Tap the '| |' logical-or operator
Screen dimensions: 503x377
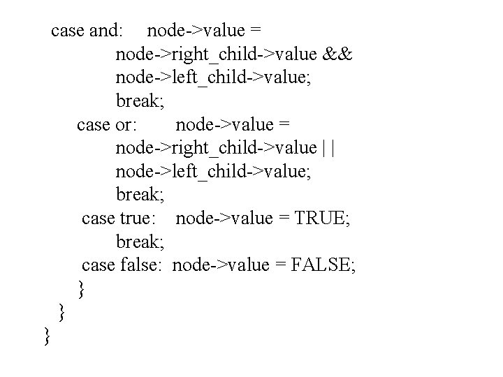(x=329, y=148)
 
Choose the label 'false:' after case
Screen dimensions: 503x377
(x=140, y=265)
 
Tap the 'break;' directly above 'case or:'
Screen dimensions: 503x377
(x=140, y=101)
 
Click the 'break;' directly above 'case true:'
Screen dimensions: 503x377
(x=140, y=195)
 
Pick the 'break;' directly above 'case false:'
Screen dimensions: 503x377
(x=140, y=242)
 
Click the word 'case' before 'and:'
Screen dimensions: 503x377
(x=68, y=31)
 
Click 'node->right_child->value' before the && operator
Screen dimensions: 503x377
(x=216, y=54)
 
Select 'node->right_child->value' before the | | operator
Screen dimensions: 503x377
(x=216, y=148)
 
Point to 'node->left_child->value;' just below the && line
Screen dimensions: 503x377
(x=214, y=77)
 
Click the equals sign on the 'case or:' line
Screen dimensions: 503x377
(x=283, y=125)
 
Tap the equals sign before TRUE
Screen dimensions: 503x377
(x=283, y=219)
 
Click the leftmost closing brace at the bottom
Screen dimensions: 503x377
(x=47, y=336)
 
